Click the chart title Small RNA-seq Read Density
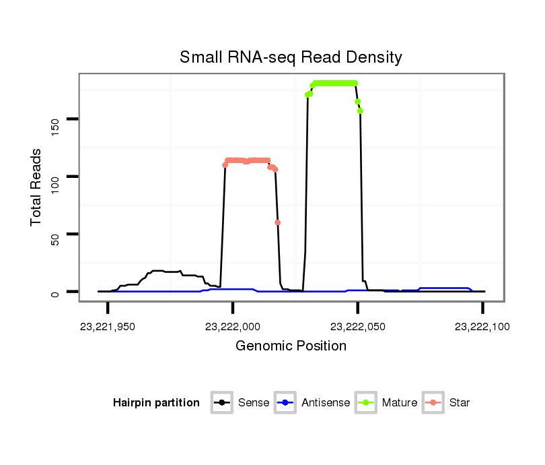[x=291, y=57]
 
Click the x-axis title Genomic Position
[x=291, y=346]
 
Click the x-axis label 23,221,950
[x=108, y=328]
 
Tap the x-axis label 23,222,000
[x=233, y=328]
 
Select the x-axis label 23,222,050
[x=358, y=328]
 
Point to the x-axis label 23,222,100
[x=482, y=328]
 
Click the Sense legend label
[x=254, y=403]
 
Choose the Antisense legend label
[x=326, y=403]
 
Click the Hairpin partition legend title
[x=156, y=403]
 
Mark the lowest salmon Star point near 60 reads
[x=278, y=222]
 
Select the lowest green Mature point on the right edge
[x=361, y=111]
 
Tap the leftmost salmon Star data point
[x=225, y=165]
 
